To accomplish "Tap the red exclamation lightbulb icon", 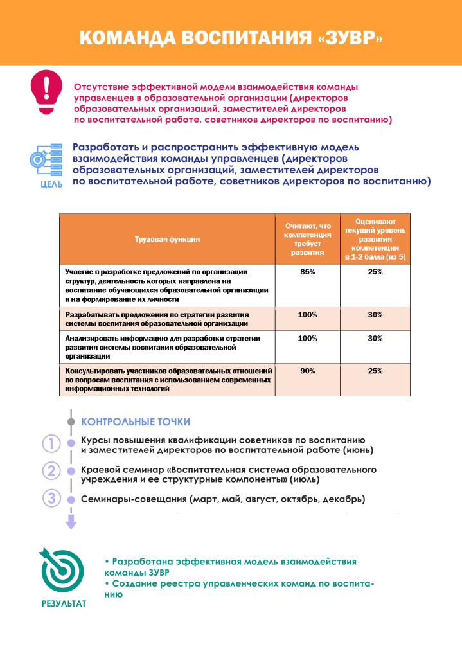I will coord(46,91).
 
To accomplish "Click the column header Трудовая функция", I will coord(167,239).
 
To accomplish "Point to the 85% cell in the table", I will coord(308,272).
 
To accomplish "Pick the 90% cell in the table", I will coord(308,371).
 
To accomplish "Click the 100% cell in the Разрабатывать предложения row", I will coord(308,315).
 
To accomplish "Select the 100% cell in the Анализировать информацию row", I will coord(308,338).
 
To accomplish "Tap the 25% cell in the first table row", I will coord(375,272).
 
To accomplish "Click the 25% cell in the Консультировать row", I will coord(375,371).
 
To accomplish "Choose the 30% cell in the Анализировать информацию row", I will coord(375,338).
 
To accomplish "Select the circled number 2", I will coord(51,470).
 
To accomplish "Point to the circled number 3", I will coord(51,498).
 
